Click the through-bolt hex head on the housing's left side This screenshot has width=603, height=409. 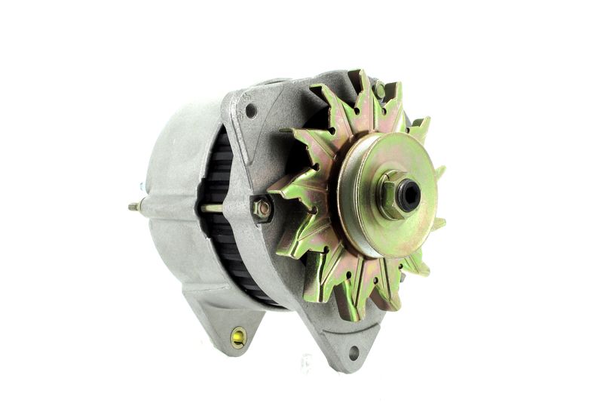click(x=262, y=208)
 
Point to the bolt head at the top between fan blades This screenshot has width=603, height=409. click(x=379, y=91)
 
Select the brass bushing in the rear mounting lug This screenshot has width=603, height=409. click(x=238, y=337)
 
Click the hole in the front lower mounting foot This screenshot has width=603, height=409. click(x=353, y=352)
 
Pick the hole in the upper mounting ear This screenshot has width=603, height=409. click(x=250, y=111)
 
